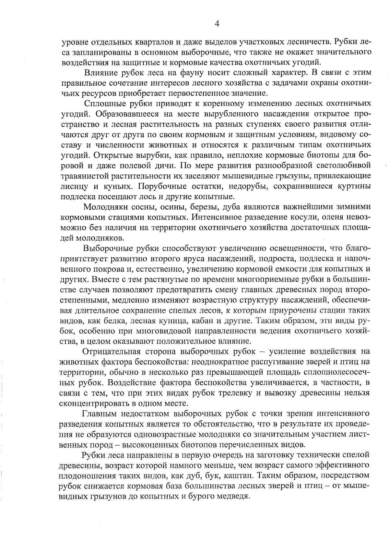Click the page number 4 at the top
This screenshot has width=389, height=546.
[x=217, y=23]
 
